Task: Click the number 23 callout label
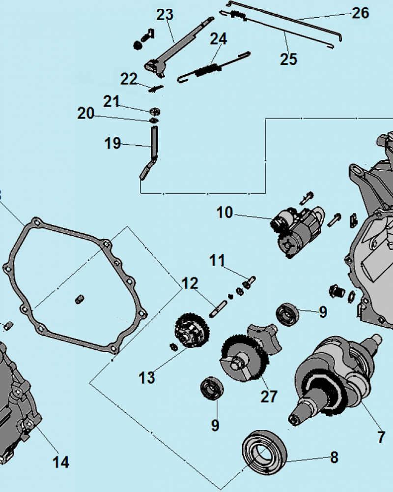click(165, 15)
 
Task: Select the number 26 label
click(360, 13)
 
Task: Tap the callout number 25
click(289, 59)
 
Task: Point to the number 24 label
click(219, 38)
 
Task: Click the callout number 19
click(112, 144)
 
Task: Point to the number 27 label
click(269, 396)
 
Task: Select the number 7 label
click(381, 437)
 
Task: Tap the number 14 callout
click(61, 462)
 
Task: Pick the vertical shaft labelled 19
click(153, 143)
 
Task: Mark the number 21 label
click(112, 101)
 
